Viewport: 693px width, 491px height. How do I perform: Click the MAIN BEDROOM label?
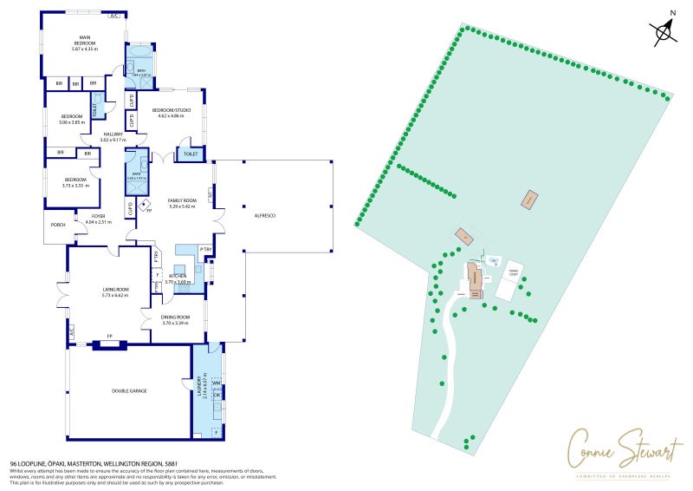coord(85,37)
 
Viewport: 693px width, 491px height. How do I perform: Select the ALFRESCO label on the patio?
coord(264,214)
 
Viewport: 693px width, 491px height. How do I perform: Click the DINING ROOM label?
coord(175,319)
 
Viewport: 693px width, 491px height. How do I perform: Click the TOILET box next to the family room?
coord(189,154)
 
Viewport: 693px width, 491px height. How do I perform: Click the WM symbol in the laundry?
coord(217,383)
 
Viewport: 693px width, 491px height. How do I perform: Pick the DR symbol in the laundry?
coord(217,395)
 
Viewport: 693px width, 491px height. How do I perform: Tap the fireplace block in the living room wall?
coord(110,344)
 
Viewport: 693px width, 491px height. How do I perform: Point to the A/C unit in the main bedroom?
coord(114,16)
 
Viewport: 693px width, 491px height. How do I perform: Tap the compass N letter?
coord(673,13)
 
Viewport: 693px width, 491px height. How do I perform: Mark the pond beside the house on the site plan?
coord(493,259)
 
